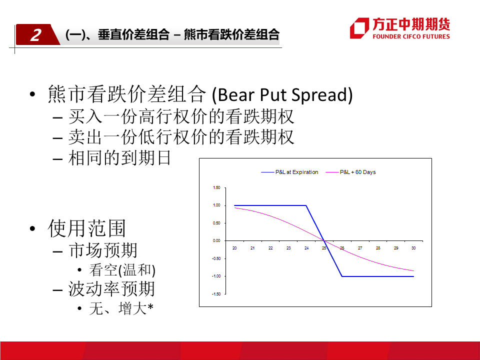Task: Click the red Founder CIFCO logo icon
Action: [359, 28]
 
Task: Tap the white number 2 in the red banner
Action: [36, 35]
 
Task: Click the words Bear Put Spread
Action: [282, 94]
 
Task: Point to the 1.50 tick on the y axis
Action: [216, 187]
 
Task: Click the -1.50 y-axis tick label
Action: [216, 294]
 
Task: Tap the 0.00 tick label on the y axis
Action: [216, 240]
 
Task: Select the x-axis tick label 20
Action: [234, 248]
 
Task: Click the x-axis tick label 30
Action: [413, 248]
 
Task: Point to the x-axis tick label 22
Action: [270, 248]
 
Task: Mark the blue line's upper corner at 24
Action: [306, 205]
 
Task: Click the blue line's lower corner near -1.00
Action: [342, 276]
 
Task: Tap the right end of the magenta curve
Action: [413, 270]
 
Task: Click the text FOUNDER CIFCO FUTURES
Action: [411, 36]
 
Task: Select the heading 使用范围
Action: [86, 228]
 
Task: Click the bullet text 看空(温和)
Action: [122, 270]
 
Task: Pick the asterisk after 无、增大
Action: [150, 306]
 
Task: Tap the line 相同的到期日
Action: [119, 158]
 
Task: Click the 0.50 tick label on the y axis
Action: [216, 223]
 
